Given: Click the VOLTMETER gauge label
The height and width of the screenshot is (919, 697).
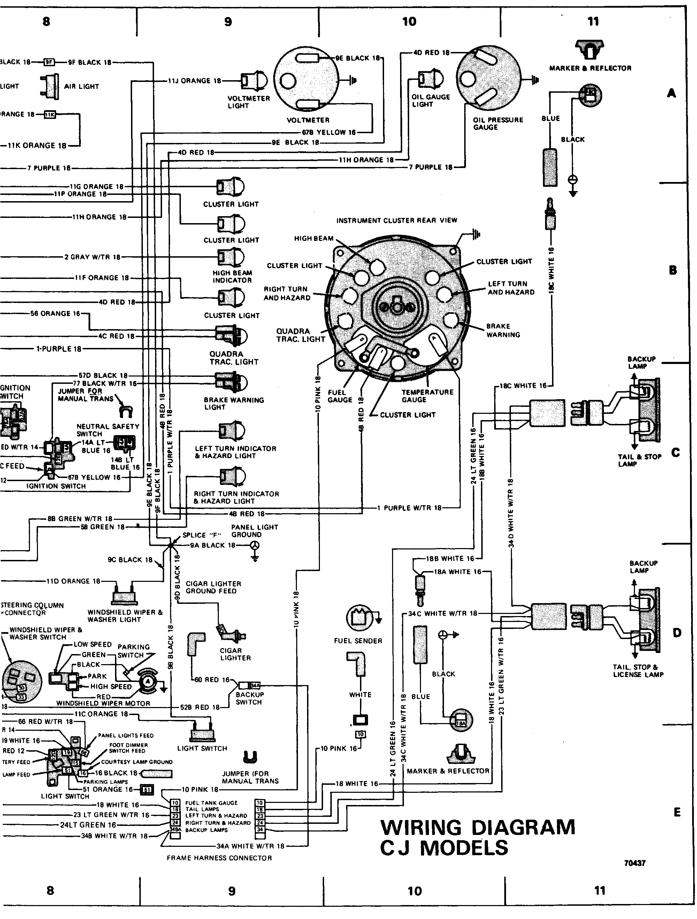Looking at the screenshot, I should pyautogui.click(x=308, y=120).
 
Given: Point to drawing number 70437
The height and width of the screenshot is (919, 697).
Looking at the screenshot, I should pyautogui.click(x=635, y=863).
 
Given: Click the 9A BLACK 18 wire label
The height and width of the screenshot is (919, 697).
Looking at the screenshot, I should pyautogui.click(x=213, y=546).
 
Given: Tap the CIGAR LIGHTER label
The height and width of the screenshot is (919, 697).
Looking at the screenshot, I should pyautogui.click(x=235, y=654).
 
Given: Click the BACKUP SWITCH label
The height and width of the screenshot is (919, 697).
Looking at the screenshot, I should pyautogui.click(x=249, y=698).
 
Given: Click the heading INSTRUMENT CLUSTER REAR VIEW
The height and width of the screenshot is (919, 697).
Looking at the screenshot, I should pyautogui.click(x=397, y=220).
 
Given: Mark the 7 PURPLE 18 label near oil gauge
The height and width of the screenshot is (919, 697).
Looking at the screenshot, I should pyautogui.click(x=430, y=167).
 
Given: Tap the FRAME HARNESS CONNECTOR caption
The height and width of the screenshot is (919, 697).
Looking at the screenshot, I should pyautogui.click(x=219, y=858).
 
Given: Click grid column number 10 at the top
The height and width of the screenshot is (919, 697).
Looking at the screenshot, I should pyautogui.click(x=409, y=22).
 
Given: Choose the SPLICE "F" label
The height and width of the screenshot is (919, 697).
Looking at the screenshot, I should pyautogui.click(x=202, y=535).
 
